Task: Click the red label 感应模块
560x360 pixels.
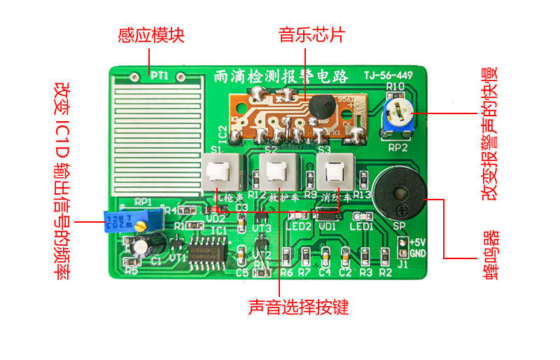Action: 151,35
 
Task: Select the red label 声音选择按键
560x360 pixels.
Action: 297,307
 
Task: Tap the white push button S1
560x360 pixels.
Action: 223,171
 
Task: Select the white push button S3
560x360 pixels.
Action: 332,172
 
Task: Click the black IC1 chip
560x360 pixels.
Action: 206,252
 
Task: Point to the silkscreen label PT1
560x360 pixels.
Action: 159,75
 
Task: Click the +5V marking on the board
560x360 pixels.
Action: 418,241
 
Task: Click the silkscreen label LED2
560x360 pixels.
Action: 299,226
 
